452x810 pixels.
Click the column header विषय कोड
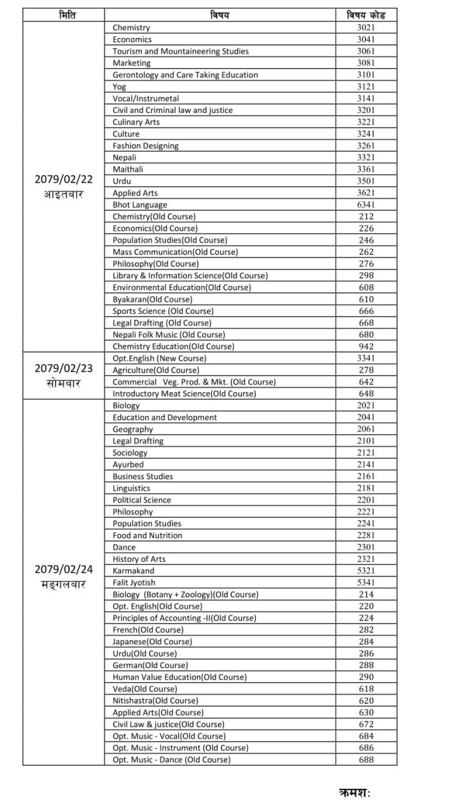(x=366, y=15)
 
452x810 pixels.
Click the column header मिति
(x=63, y=15)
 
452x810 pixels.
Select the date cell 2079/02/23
(x=63, y=369)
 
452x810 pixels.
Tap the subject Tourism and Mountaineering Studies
(x=180, y=51)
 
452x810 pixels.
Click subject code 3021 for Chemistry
(x=366, y=28)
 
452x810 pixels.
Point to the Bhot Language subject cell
(x=139, y=204)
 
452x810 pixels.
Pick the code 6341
(x=366, y=204)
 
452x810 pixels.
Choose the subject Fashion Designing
(x=145, y=146)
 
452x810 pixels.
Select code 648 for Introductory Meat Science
(x=366, y=393)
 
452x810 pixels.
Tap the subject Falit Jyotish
(x=134, y=582)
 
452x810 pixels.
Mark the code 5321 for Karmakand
(x=366, y=571)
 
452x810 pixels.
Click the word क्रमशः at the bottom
(x=354, y=791)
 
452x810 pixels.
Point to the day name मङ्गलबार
(x=63, y=584)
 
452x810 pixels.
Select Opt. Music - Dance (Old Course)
(x=171, y=759)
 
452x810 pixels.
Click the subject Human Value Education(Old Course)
(x=180, y=677)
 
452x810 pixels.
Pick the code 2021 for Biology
(x=366, y=406)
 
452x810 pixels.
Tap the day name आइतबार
(x=63, y=195)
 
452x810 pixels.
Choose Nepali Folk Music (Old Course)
(x=169, y=335)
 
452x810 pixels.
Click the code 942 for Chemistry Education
(x=366, y=346)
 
